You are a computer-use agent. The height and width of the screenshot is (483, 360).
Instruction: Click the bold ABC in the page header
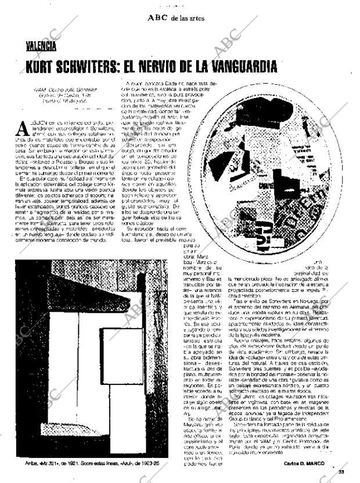[x=157, y=18]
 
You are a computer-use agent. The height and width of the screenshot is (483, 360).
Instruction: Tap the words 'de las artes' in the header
[x=188, y=19]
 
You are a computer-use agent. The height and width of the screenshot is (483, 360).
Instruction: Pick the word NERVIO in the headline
[x=186, y=67]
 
